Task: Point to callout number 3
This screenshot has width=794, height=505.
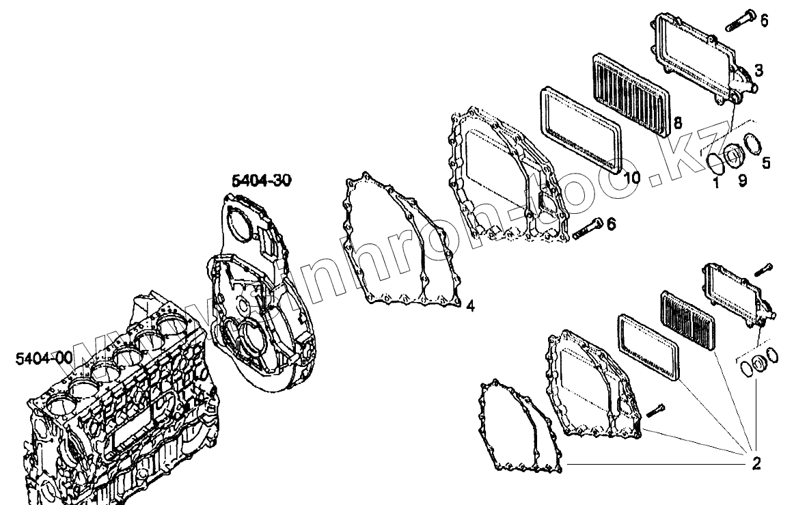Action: tap(758, 70)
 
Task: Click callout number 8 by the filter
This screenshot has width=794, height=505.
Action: tap(678, 123)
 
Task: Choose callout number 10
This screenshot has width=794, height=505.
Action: tap(632, 178)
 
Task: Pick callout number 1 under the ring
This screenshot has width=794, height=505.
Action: tap(715, 183)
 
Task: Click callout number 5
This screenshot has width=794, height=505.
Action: tap(766, 163)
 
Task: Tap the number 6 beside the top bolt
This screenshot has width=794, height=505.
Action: tap(764, 21)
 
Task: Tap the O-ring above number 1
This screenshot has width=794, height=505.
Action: tap(715, 163)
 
